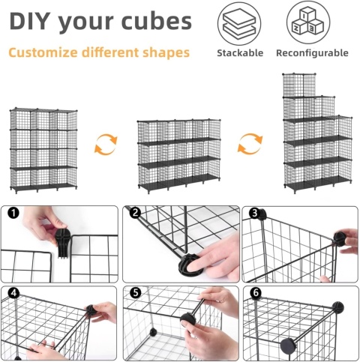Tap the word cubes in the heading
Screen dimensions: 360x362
tap(156, 22)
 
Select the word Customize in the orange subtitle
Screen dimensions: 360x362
tap(43, 52)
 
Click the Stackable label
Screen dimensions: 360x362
tap(240, 53)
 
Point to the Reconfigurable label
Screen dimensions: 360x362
tap(312, 53)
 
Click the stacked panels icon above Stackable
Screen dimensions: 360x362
tap(239, 24)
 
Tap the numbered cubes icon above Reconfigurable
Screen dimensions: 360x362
tap(308, 22)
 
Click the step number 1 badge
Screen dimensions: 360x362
tap(13, 213)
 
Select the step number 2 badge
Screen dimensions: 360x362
tap(136, 213)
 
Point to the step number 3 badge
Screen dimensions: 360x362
tap(255, 213)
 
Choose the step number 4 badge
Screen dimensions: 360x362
tap(13, 293)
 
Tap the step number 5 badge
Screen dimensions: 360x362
tap(136, 293)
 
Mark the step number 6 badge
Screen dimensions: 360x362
tap(256, 293)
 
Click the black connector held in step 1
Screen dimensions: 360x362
tap(62, 243)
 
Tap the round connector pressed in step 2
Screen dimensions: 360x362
tap(188, 266)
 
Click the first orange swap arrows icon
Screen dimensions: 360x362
tap(106, 144)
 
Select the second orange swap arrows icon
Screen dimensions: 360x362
tap(250, 144)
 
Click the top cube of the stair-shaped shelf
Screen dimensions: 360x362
tap(299, 85)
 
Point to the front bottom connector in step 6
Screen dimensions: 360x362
tap(289, 346)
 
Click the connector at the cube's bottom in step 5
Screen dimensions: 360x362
tap(153, 333)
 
